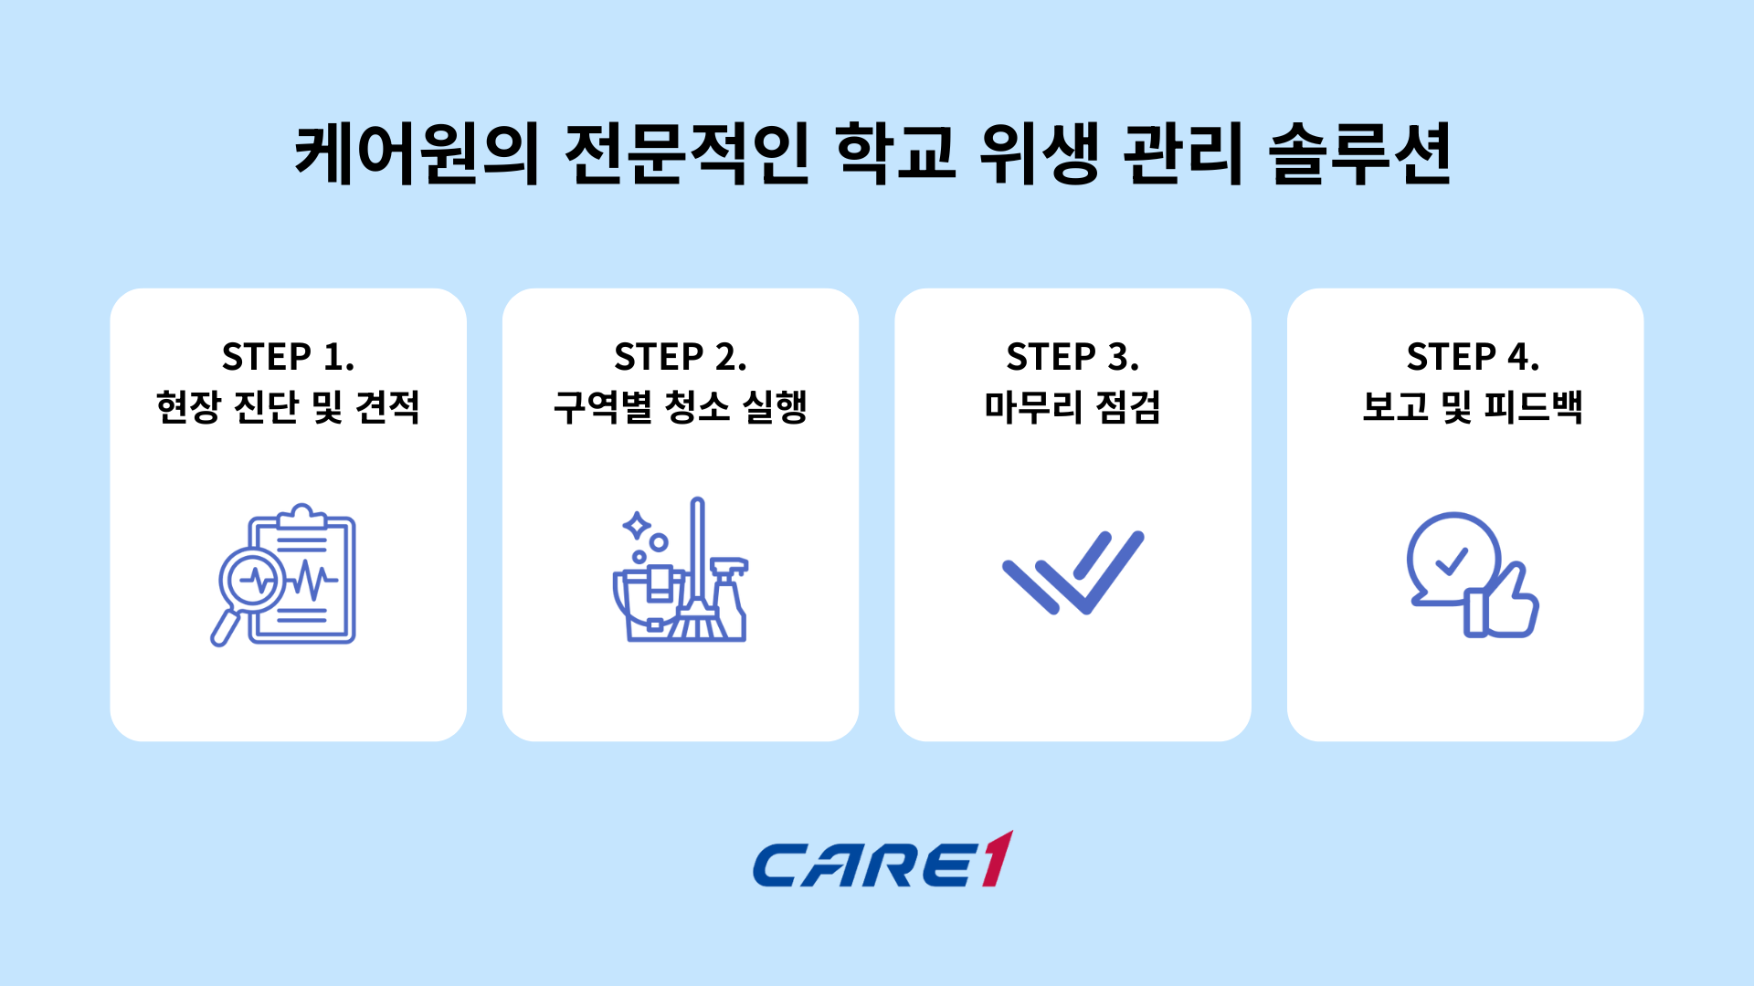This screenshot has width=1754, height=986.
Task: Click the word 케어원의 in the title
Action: pyautogui.click(x=417, y=153)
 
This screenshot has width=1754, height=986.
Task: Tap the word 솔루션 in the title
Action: pyautogui.click(x=1359, y=153)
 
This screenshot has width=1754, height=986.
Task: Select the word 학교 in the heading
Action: pyautogui.click(x=895, y=153)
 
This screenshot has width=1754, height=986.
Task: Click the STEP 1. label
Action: pyautogui.click(x=288, y=357)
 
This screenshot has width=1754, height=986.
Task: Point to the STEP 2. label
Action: pyautogui.click(x=680, y=357)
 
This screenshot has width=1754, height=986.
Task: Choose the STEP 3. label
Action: pyautogui.click(x=1072, y=357)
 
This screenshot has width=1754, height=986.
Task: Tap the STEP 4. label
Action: pyautogui.click(x=1472, y=357)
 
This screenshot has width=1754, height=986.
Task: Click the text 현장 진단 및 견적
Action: pyautogui.click(x=288, y=407)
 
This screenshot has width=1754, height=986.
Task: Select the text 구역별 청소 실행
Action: pyautogui.click(x=680, y=407)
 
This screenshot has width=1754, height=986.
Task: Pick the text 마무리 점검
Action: pyautogui.click(x=1072, y=407)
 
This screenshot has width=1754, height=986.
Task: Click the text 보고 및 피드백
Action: pyautogui.click(x=1472, y=407)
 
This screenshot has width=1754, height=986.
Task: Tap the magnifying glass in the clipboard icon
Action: pyautogui.click(x=251, y=581)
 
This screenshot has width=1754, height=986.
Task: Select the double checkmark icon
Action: pyautogui.click(x=1072, y=573)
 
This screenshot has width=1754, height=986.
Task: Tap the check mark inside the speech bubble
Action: pyautogui.click(x=1451, y=561)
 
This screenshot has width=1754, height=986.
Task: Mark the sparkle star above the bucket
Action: pyautogui.click(x=636, y=526)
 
